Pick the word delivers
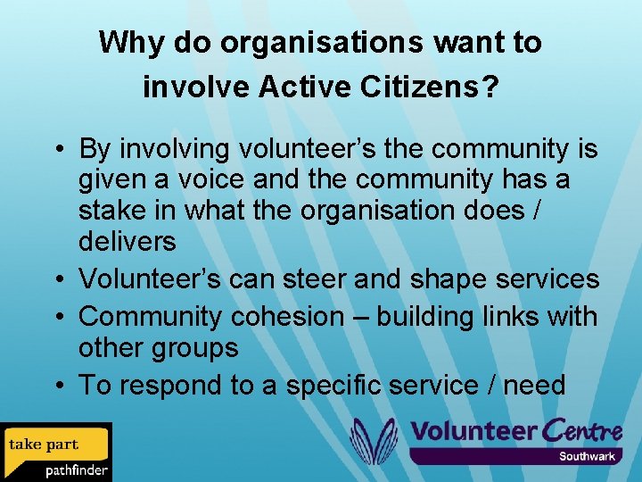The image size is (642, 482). tap(127, 242)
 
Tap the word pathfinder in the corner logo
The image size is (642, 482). tap(77, 470)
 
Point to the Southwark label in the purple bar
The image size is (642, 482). tap(587, 457)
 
